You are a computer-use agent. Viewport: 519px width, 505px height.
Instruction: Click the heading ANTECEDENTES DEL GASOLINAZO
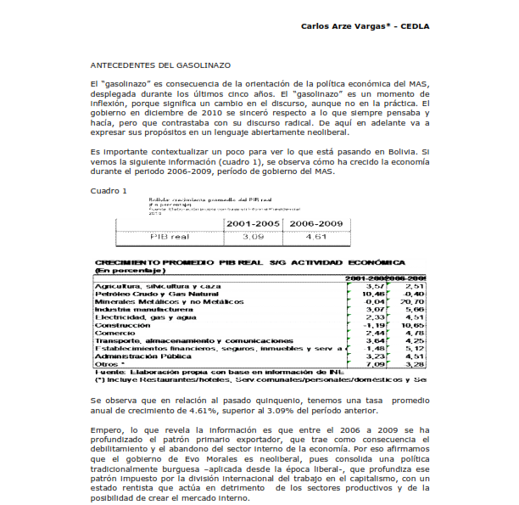[x=161, y=65]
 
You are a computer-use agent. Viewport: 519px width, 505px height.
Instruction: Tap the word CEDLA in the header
[x=413, y=26]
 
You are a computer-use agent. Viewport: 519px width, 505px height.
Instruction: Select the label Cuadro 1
[x=109, y=190]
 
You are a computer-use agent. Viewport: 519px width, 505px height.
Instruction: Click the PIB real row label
[x=170, y=238]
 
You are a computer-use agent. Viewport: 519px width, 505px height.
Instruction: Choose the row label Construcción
[x=124, y=325]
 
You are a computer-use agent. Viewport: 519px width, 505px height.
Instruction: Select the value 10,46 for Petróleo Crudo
[x=374, y=295]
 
